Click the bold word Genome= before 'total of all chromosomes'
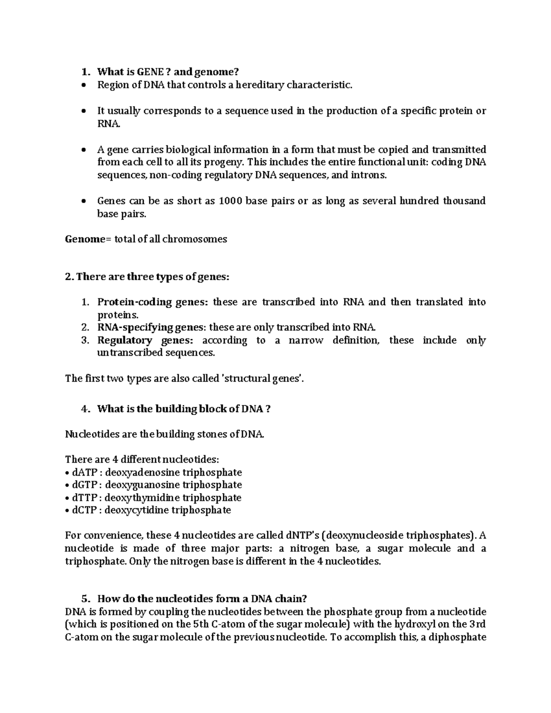click(x=85, y=239)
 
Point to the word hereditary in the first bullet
click(x=260, y=85)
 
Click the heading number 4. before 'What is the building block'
click(x=84, y=409)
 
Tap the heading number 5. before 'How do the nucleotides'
click(x=84, y=599)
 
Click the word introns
click(x=371, y=175)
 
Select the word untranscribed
click(x=124, y=353)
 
